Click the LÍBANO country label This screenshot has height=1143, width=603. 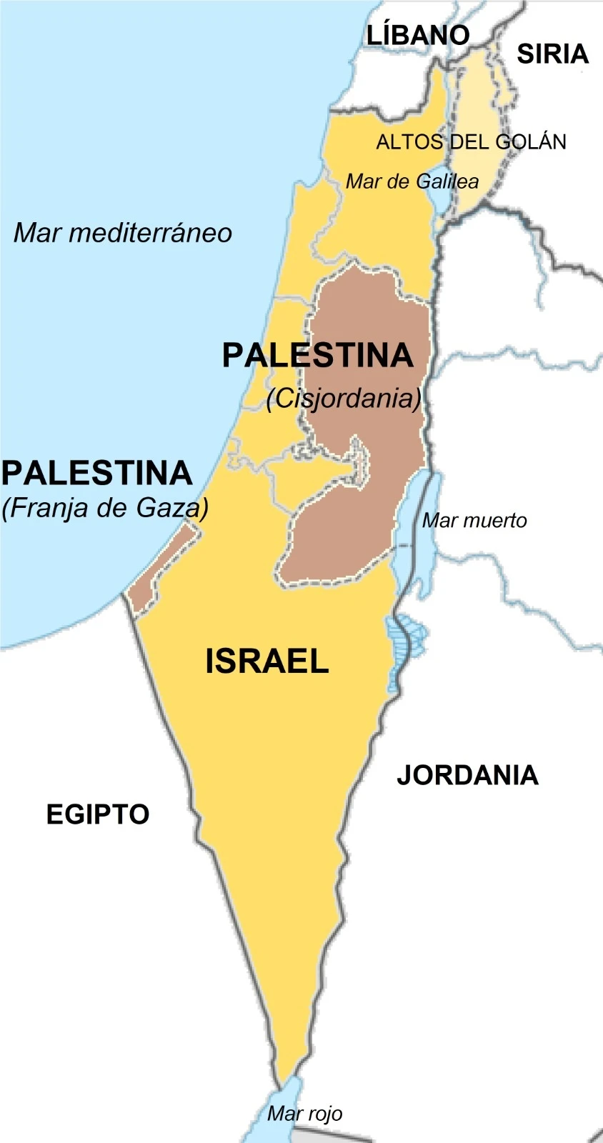[418, 35]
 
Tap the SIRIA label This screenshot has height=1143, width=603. [552, 54]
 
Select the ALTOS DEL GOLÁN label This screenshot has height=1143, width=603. [471, 141]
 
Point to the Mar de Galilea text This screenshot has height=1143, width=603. [412, 181]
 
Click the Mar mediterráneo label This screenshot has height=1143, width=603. [123, 233]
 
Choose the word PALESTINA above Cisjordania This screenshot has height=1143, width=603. [317, 355]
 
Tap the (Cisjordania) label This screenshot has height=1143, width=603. [344, 398]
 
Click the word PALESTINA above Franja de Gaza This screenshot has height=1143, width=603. [97, 473]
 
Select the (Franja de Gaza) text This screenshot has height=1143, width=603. [105, 508]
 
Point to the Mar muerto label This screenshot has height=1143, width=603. [474, 520]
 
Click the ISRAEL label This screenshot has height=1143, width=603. [266, 661]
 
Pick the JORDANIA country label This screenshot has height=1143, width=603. [467, 775]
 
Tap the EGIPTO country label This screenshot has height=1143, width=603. [98, 814]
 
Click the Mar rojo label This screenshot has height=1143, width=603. [304, 1113]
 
